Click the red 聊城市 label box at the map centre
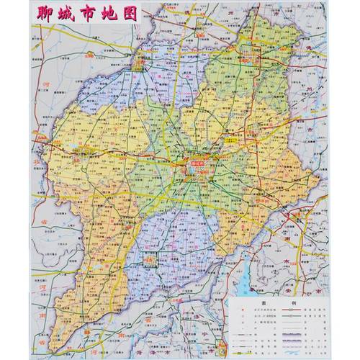199,163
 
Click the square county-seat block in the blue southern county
149,258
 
